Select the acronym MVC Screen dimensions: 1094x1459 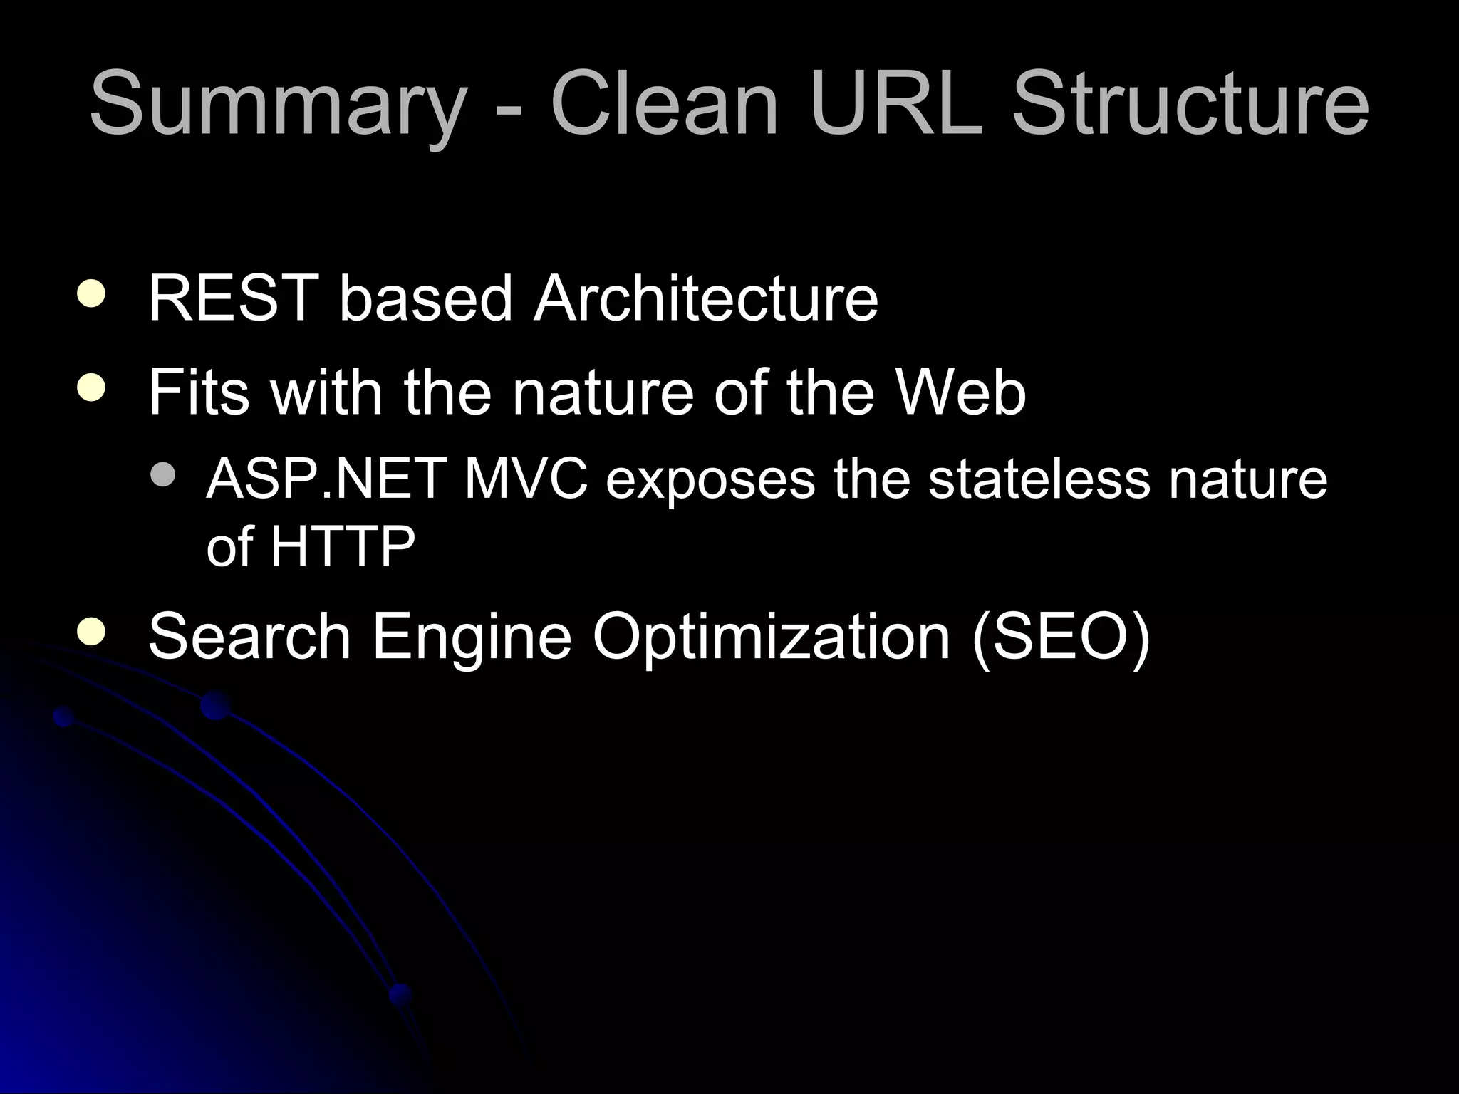[526, 479]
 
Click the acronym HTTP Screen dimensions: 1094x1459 [342, 546]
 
